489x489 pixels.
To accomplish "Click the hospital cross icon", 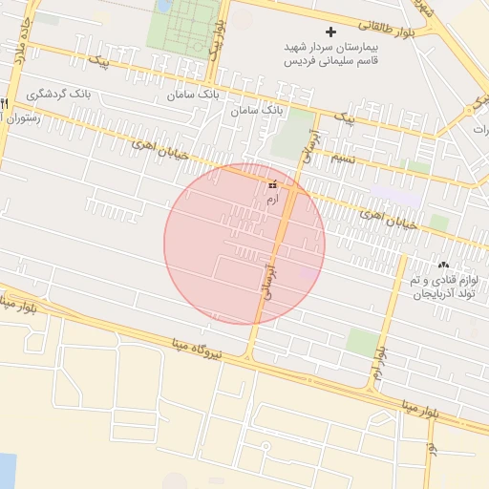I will click(x=331, y=32).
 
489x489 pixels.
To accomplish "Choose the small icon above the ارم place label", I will click(x=273, y=184).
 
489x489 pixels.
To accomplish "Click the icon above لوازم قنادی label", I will click(x=442, y=265).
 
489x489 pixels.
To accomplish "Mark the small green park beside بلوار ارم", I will click(x=360, y=342).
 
